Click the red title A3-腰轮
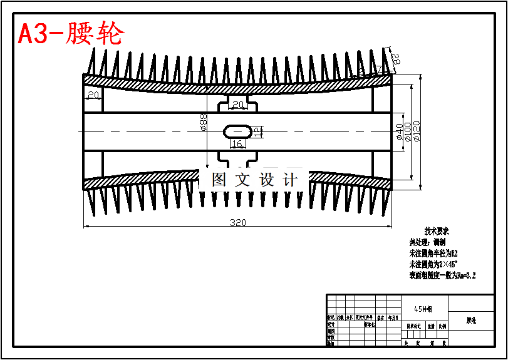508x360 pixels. [71, 34]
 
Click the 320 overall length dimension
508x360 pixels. [237, 222]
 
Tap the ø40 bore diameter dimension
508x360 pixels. [399, 131]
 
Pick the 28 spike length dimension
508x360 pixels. [395, 60]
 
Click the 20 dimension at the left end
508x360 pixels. [93, 95]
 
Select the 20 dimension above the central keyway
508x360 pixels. [238, 105]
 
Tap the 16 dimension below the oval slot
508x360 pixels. [237, 145]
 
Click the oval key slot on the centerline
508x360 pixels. [237, 131]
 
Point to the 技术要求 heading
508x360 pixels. [437, 231]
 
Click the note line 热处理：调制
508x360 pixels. [427, 242]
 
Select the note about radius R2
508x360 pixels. [434, 254]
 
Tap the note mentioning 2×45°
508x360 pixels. [433, 264]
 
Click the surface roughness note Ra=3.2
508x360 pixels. [442, 275]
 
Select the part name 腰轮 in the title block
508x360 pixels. [471, 321]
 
